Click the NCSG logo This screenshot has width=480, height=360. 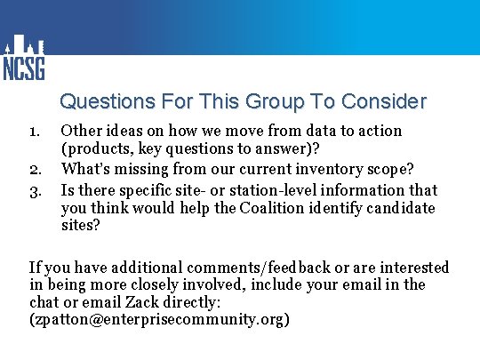point(23,58)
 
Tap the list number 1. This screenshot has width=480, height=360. point(35,132)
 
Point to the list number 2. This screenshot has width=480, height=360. point(36,170)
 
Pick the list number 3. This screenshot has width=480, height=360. point(36,189)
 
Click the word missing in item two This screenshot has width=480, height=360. point(146,169)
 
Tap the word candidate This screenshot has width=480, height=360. point(397,208)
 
